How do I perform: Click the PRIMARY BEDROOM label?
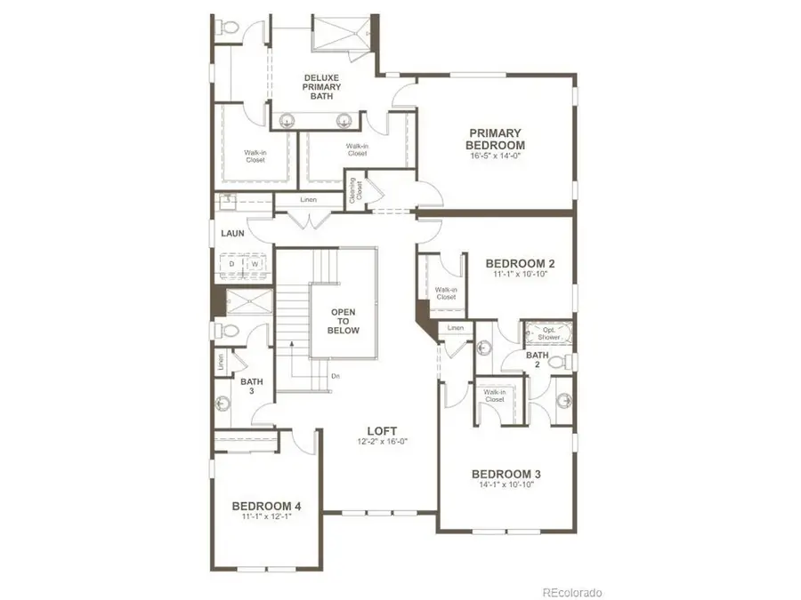click(497, 139)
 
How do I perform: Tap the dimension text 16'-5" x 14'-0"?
click(497, 156)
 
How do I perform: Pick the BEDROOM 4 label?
click(267, 506)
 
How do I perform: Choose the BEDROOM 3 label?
click(506, 473)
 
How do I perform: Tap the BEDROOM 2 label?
click(521, 263)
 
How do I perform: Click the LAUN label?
click(232, 234)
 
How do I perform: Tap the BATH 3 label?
click(252, 387)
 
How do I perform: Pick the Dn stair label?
click(335, 376)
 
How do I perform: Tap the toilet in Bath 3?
click(229, 331)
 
